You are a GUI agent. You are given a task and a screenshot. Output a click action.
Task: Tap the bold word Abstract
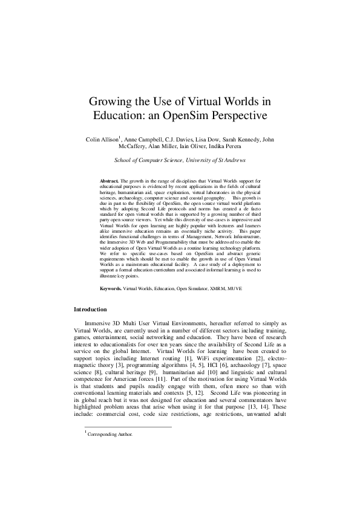[x=110, y=181]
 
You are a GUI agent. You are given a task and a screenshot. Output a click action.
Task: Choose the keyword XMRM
[x=209, y=290]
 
